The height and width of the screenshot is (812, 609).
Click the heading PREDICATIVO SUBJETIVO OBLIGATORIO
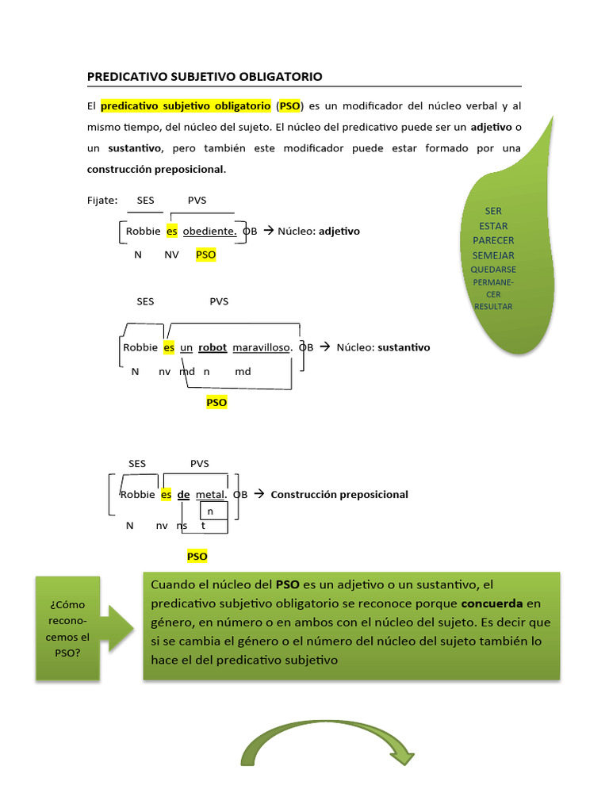205,77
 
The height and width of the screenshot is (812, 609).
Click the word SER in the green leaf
493,211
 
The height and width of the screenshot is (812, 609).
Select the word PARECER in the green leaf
493,240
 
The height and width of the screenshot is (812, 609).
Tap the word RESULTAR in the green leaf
493,306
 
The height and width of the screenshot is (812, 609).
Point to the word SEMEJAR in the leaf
493,255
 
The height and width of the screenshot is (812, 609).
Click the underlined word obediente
210,231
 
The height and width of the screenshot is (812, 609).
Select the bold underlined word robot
213,347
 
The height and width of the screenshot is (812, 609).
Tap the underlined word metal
211,494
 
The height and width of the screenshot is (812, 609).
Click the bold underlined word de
183,494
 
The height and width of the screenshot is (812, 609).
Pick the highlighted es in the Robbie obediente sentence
172,231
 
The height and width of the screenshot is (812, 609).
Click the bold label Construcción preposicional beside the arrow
339,494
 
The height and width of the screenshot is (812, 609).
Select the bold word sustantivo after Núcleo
404,347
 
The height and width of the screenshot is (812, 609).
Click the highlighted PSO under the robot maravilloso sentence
216,402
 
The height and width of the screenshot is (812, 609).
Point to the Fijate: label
102,200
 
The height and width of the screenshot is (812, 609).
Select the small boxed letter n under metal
211,511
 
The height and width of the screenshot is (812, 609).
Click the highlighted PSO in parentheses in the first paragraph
289,105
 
